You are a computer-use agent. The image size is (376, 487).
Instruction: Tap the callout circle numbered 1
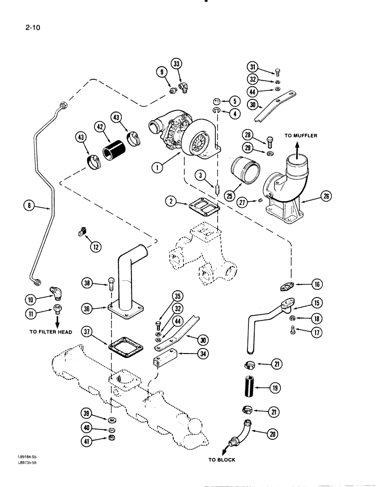[x=157, y=168]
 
